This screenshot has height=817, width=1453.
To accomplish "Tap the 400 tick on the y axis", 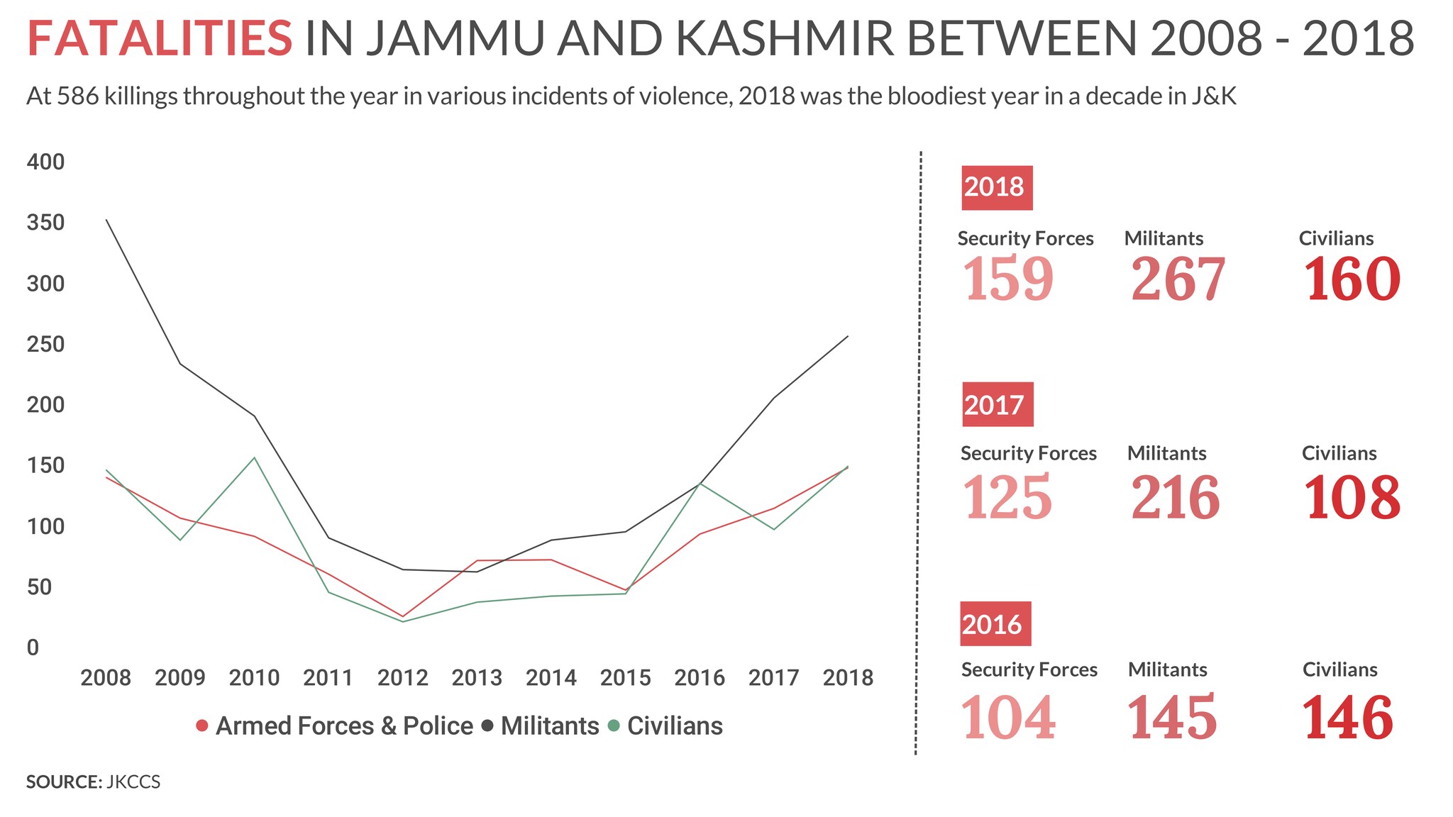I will (45, 162).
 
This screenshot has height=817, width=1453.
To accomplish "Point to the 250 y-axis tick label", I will (45, 345).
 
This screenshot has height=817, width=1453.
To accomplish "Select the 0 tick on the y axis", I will (33, 648).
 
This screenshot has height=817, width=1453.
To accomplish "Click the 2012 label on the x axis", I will (402, 678).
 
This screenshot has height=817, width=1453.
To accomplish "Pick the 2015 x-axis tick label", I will (625, 678).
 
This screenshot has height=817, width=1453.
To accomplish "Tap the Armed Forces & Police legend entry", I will (334, 726).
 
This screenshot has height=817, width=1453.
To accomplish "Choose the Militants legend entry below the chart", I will (541, 726).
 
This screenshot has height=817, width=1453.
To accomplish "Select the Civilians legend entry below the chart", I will (665, 726).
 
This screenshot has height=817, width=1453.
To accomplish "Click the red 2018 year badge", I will (996, 187).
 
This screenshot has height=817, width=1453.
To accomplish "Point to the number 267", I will (1178, 279).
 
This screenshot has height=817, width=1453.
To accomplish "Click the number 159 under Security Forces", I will (1007, 279).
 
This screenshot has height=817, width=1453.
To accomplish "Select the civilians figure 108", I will (1352, 498).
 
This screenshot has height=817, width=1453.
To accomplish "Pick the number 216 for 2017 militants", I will (1175, 498).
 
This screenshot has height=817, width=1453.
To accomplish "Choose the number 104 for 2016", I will (1007, 718).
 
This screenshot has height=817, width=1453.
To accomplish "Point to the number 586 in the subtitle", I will (77, 96).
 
